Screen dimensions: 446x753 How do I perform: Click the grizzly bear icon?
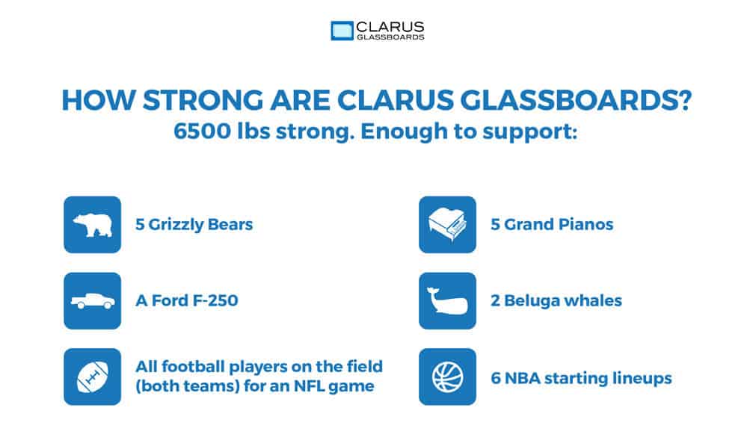pos(92,225)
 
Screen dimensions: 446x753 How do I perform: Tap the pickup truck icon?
pos(92,301)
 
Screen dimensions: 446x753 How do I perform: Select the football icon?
pos(92,377)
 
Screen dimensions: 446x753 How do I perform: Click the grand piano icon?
pos(447,225)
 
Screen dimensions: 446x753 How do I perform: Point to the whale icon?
pos(447,301)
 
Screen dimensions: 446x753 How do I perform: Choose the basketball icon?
pos(447,377)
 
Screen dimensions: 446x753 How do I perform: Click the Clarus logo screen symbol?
pos(342,31)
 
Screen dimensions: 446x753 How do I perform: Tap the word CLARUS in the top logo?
pos(389,26)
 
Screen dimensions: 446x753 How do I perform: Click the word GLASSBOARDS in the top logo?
pos(390,37)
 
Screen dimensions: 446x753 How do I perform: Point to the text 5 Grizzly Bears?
pos(194,225)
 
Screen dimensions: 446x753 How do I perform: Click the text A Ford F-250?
pos(187,301)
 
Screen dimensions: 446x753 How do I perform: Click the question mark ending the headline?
pos(680,102)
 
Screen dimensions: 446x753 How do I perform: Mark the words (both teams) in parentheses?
pos(181,388)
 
